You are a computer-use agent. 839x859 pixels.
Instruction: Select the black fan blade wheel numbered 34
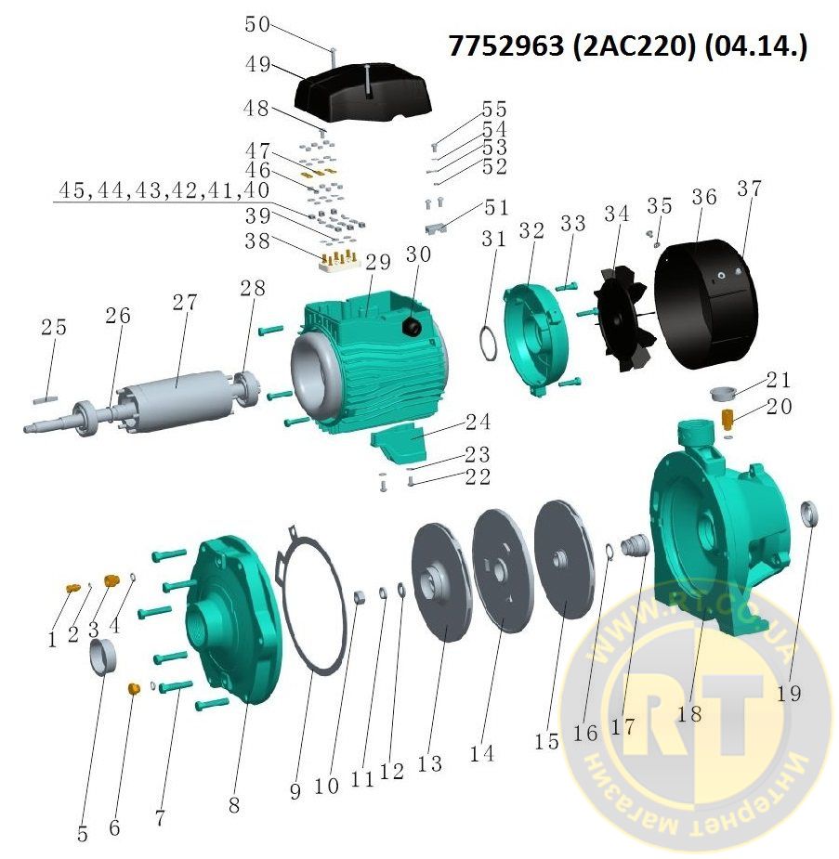point(623,318)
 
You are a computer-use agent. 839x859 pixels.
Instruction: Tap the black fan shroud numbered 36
point(706,304)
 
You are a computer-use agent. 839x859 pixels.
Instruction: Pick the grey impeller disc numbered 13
point(441,582)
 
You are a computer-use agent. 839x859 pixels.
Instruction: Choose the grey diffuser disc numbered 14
point(503,570)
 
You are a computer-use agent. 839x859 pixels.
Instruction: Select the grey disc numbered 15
point(565,558)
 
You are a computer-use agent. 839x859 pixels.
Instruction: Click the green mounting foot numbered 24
point(399,444)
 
